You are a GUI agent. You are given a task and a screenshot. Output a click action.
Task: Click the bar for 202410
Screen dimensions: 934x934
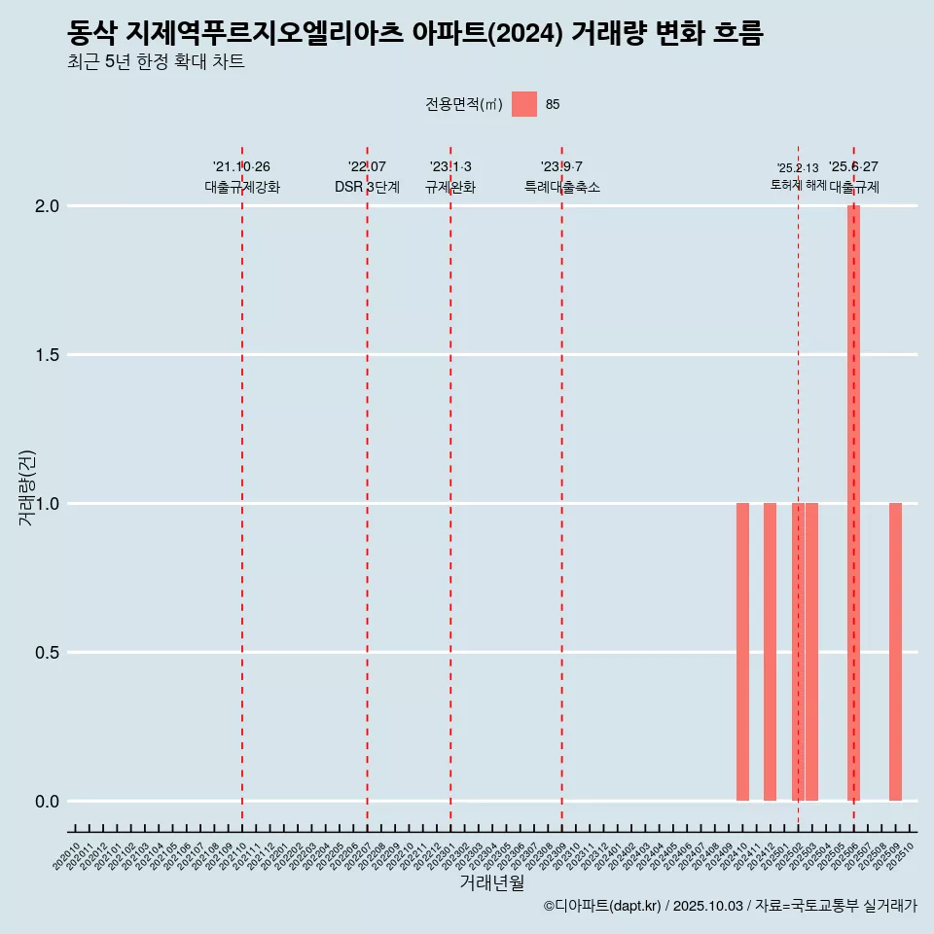point(742,652)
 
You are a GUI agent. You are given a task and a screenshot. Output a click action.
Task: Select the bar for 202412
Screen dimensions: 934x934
point(770,652)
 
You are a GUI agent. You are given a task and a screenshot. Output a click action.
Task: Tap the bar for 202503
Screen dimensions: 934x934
point(811,652)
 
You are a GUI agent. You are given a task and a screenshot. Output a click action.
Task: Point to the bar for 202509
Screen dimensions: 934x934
point(895,652)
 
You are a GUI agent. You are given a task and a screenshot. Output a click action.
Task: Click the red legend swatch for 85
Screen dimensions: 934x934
point(524,104)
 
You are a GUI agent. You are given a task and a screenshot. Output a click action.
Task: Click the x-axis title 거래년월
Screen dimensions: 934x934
point(491,883)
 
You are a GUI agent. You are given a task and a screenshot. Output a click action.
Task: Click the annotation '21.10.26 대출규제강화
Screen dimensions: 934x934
point(241,177)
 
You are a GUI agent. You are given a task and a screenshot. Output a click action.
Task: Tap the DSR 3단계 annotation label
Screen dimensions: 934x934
point(367,187)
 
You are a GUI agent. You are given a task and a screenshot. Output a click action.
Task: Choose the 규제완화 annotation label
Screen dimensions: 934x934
point(450,187)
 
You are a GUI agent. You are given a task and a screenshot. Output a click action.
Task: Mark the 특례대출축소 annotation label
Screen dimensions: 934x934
point(561,187)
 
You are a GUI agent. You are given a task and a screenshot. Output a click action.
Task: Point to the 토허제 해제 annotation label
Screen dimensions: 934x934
point(798,184)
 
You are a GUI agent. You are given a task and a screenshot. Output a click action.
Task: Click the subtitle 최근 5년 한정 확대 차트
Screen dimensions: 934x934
point(156,61)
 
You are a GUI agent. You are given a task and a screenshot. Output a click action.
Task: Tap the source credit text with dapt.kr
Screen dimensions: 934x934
point(730,906)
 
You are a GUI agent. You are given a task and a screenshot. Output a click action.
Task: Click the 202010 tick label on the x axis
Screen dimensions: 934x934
point(67,857)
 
